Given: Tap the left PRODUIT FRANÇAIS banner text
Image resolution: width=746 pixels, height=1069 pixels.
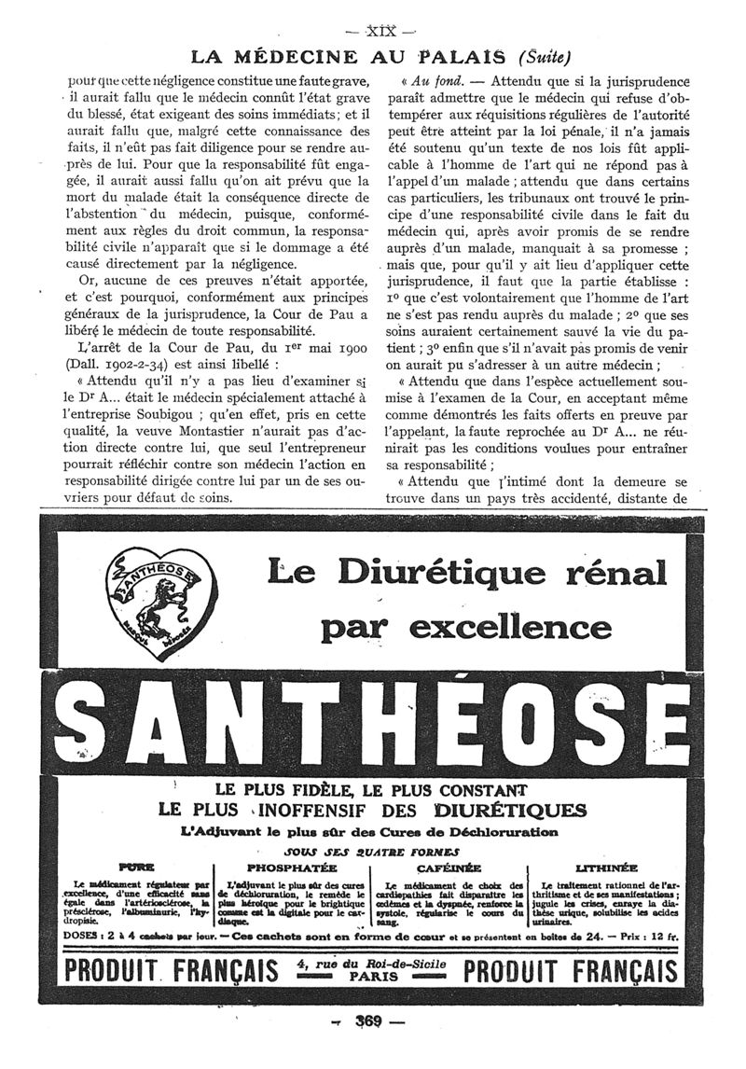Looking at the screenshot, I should point(171,971).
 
